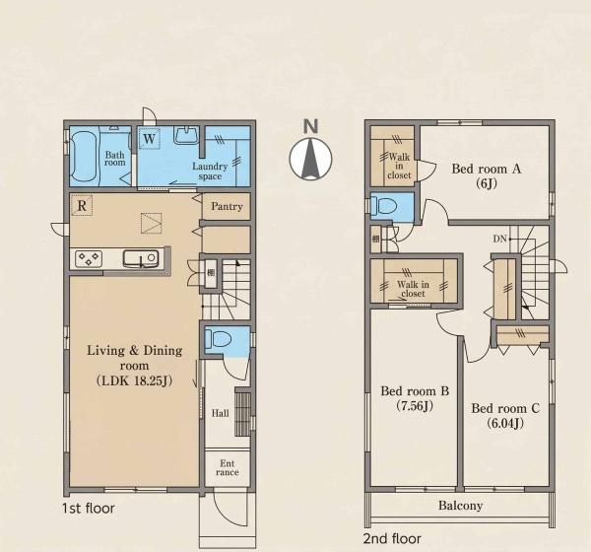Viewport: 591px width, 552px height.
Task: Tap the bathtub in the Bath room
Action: pyautogui.click(x=85, y=156)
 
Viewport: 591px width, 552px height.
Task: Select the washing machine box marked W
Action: pyautogui.click(x=149, y=138)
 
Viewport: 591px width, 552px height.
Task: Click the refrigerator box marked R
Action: pyautogui.click(x=82, y=205)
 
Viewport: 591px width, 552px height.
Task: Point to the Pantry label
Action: pyautogui.click(x=227, y=206)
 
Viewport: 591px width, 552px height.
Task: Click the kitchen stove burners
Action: pyautogui.click(x=89, y=259)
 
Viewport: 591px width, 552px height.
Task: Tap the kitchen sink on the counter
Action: pyautogui.click(x=140, y=259)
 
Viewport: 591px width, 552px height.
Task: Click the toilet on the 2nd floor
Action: pyautogui.click(x=384, y=206)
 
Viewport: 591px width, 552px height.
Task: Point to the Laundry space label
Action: pyautogui.click(x=210, y=172)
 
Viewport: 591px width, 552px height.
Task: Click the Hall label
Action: pyautogui.click(x=220, y=413)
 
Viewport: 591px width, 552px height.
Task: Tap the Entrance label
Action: pyautogui.click(x=228, y=467)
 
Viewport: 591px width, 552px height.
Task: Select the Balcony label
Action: pyautogui.click(x=461, y=506)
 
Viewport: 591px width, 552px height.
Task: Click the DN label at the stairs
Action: pyautogui.click(x=499, y=239)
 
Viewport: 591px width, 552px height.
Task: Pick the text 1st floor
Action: pyautogui.click(x=89, y=509)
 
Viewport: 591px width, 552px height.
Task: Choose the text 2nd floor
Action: pyautogui.click(x=392, y=538)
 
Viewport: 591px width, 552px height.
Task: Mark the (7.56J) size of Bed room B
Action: pyautogui.click(x=415, y=406)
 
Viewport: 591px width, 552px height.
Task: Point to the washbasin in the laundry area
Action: pyautogui.click(x=186, y=135)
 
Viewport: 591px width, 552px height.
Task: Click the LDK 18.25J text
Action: pyautogui.click(x=135, y=380)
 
